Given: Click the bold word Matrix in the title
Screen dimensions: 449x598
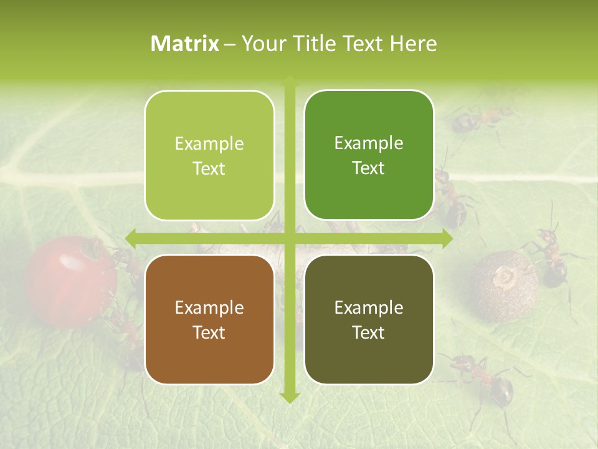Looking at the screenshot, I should (185, 44).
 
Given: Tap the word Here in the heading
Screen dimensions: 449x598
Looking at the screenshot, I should (413, 44).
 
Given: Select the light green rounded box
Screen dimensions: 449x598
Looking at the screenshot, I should (209, 155).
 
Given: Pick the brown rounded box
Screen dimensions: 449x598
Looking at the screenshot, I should (209, 319).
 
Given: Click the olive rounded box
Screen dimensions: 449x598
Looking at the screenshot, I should (369, 319).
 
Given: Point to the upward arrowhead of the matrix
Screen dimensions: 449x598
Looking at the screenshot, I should (290, 81).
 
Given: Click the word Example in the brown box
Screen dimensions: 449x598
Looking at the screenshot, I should (209, 307).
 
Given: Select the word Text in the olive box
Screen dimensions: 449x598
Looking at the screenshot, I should (369, 332).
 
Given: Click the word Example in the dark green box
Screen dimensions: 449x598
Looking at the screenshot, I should (369, 143).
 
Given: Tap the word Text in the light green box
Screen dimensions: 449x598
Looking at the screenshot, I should (209, 168).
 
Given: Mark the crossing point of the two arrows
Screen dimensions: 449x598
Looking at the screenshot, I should (290, 238).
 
